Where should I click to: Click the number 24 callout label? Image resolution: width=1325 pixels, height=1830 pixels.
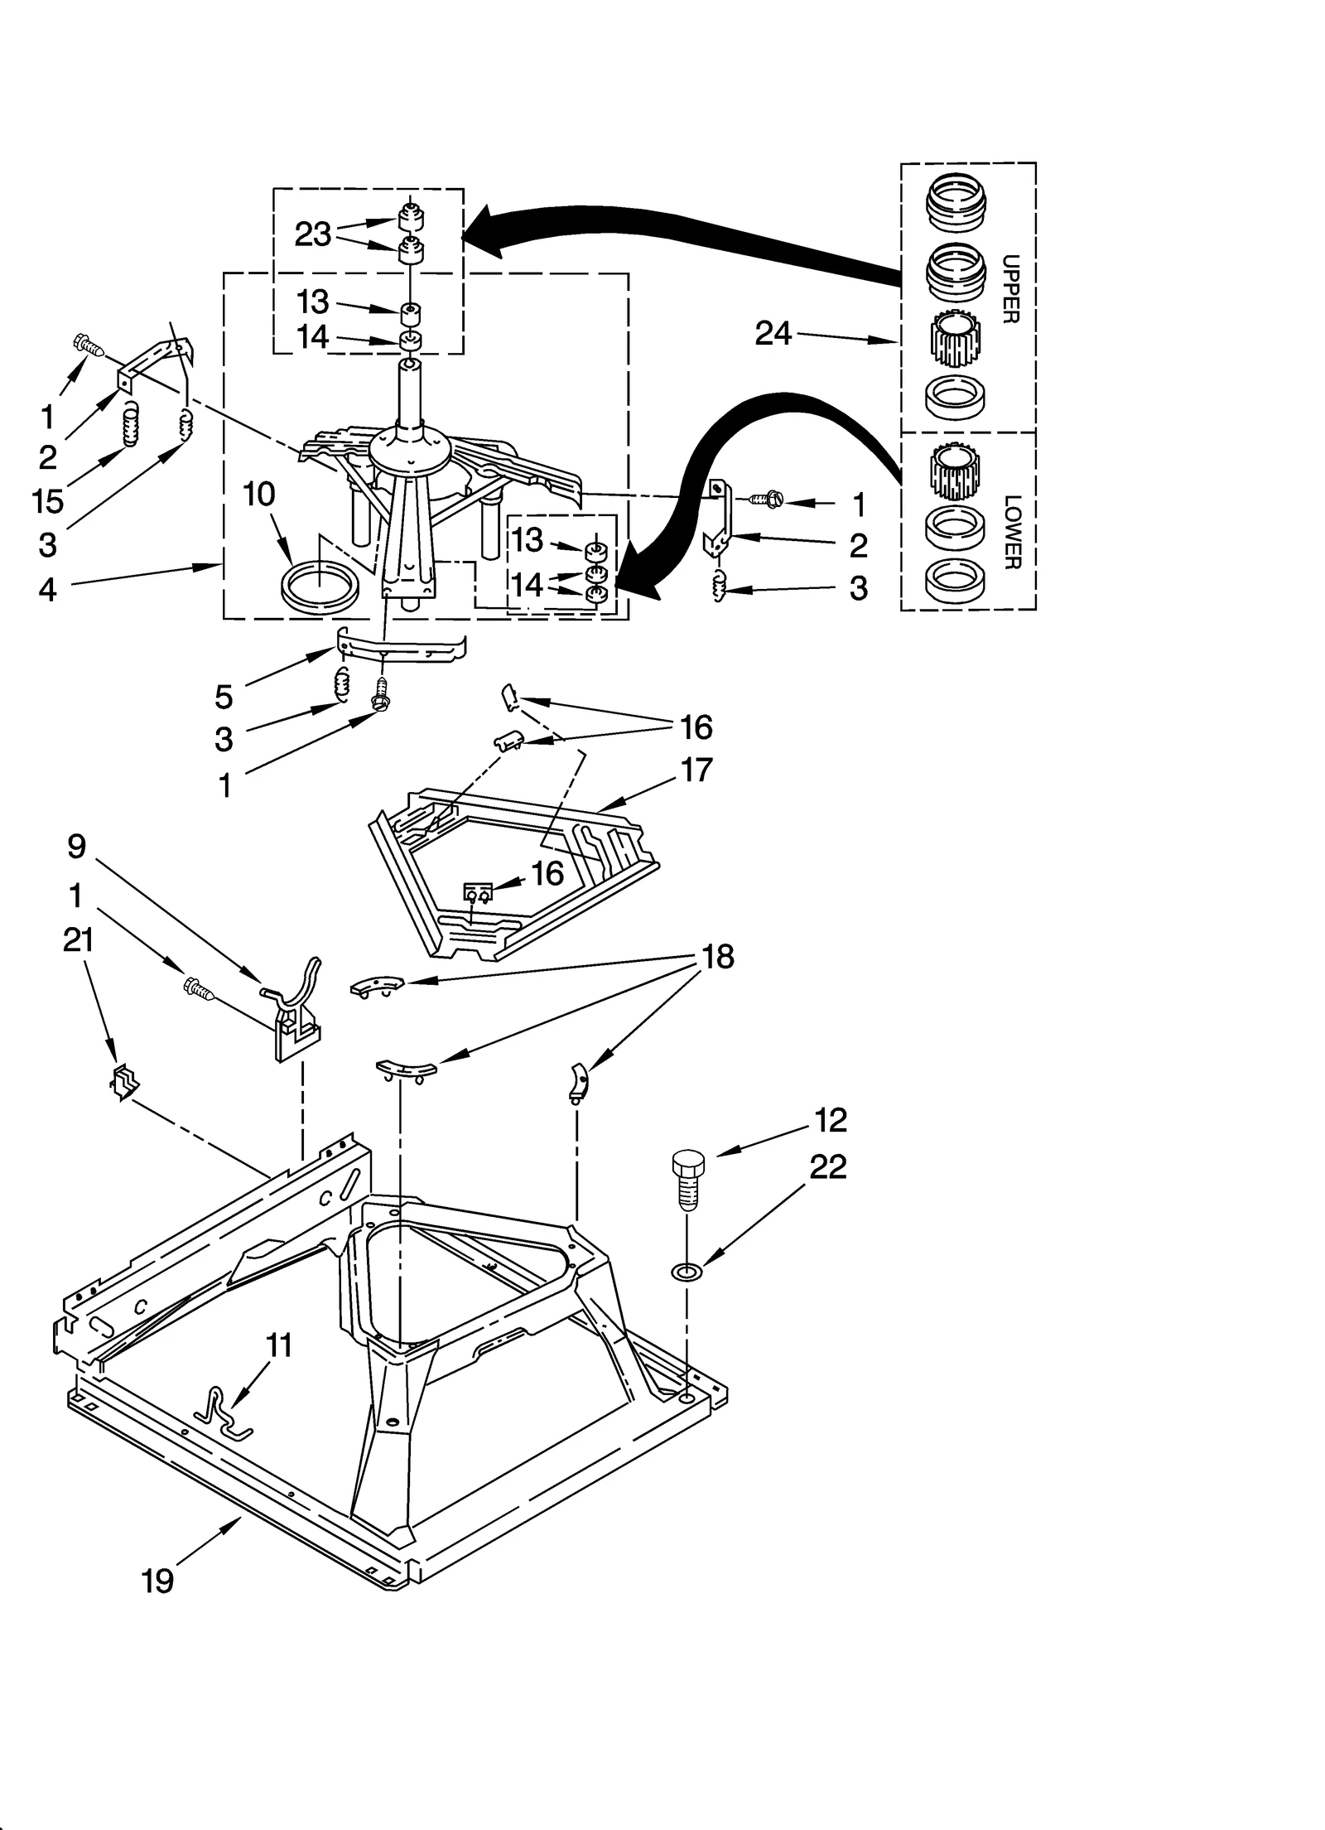point(773,334)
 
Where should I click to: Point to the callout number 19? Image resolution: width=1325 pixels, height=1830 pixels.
point(157,1581)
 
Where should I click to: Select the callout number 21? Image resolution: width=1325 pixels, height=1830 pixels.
point(79,940)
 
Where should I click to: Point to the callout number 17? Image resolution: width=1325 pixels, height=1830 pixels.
point(696,770)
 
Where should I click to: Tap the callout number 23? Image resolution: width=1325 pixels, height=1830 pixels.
point(313,235)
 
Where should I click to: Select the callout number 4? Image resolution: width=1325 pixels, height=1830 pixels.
point(48,589)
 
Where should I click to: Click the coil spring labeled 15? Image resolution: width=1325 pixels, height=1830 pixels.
point(129,423)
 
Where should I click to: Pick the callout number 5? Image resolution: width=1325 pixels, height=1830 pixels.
point(224,697)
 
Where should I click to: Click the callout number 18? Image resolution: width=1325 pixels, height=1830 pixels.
point(717,957)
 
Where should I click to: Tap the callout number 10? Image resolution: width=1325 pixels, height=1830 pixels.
point(258,495)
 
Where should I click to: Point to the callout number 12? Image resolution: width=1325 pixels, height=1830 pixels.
point(831,1120)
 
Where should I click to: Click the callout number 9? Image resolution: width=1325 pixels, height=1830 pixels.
point(76,846)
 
